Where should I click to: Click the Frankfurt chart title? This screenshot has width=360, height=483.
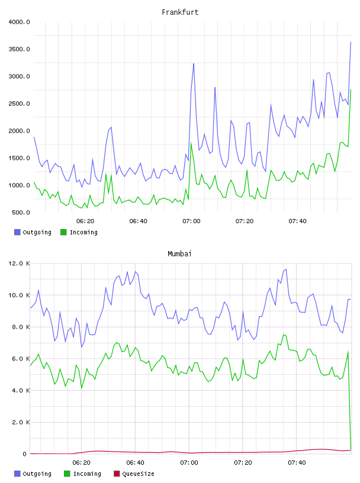point(180,12)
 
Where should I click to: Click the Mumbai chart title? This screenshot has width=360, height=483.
point(179,254)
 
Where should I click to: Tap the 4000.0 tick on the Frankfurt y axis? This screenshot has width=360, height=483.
point(19,22)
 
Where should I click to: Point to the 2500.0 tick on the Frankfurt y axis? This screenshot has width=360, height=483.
point(19,104)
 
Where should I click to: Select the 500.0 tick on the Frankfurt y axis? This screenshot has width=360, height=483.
point(21,212)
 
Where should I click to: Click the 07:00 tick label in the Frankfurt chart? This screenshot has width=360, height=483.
point(191,221)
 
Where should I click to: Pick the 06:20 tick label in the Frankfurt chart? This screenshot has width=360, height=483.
point(85,221)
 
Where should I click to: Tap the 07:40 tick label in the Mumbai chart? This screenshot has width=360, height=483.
point(297,463)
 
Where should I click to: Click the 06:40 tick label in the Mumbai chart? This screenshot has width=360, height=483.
point(135,463)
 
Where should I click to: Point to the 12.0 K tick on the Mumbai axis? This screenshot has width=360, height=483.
point(19,263)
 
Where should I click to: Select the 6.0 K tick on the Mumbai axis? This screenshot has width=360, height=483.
point(21,359)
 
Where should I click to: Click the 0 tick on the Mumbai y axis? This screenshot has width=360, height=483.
point(25,454)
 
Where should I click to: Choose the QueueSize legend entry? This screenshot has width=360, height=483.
point(134,474)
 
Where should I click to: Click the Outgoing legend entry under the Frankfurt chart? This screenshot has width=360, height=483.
point(33,232)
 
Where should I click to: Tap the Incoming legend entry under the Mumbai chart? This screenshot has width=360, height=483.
point(82,474)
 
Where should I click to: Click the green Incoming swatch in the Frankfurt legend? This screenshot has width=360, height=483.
point(63,232)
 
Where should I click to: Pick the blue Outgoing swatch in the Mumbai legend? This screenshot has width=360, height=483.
point(17,474)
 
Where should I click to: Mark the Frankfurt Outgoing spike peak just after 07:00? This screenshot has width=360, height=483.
point(194,63)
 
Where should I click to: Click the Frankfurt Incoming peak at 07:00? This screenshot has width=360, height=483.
point(191,143)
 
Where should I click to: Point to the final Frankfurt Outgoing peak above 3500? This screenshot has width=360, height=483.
point(351,42)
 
